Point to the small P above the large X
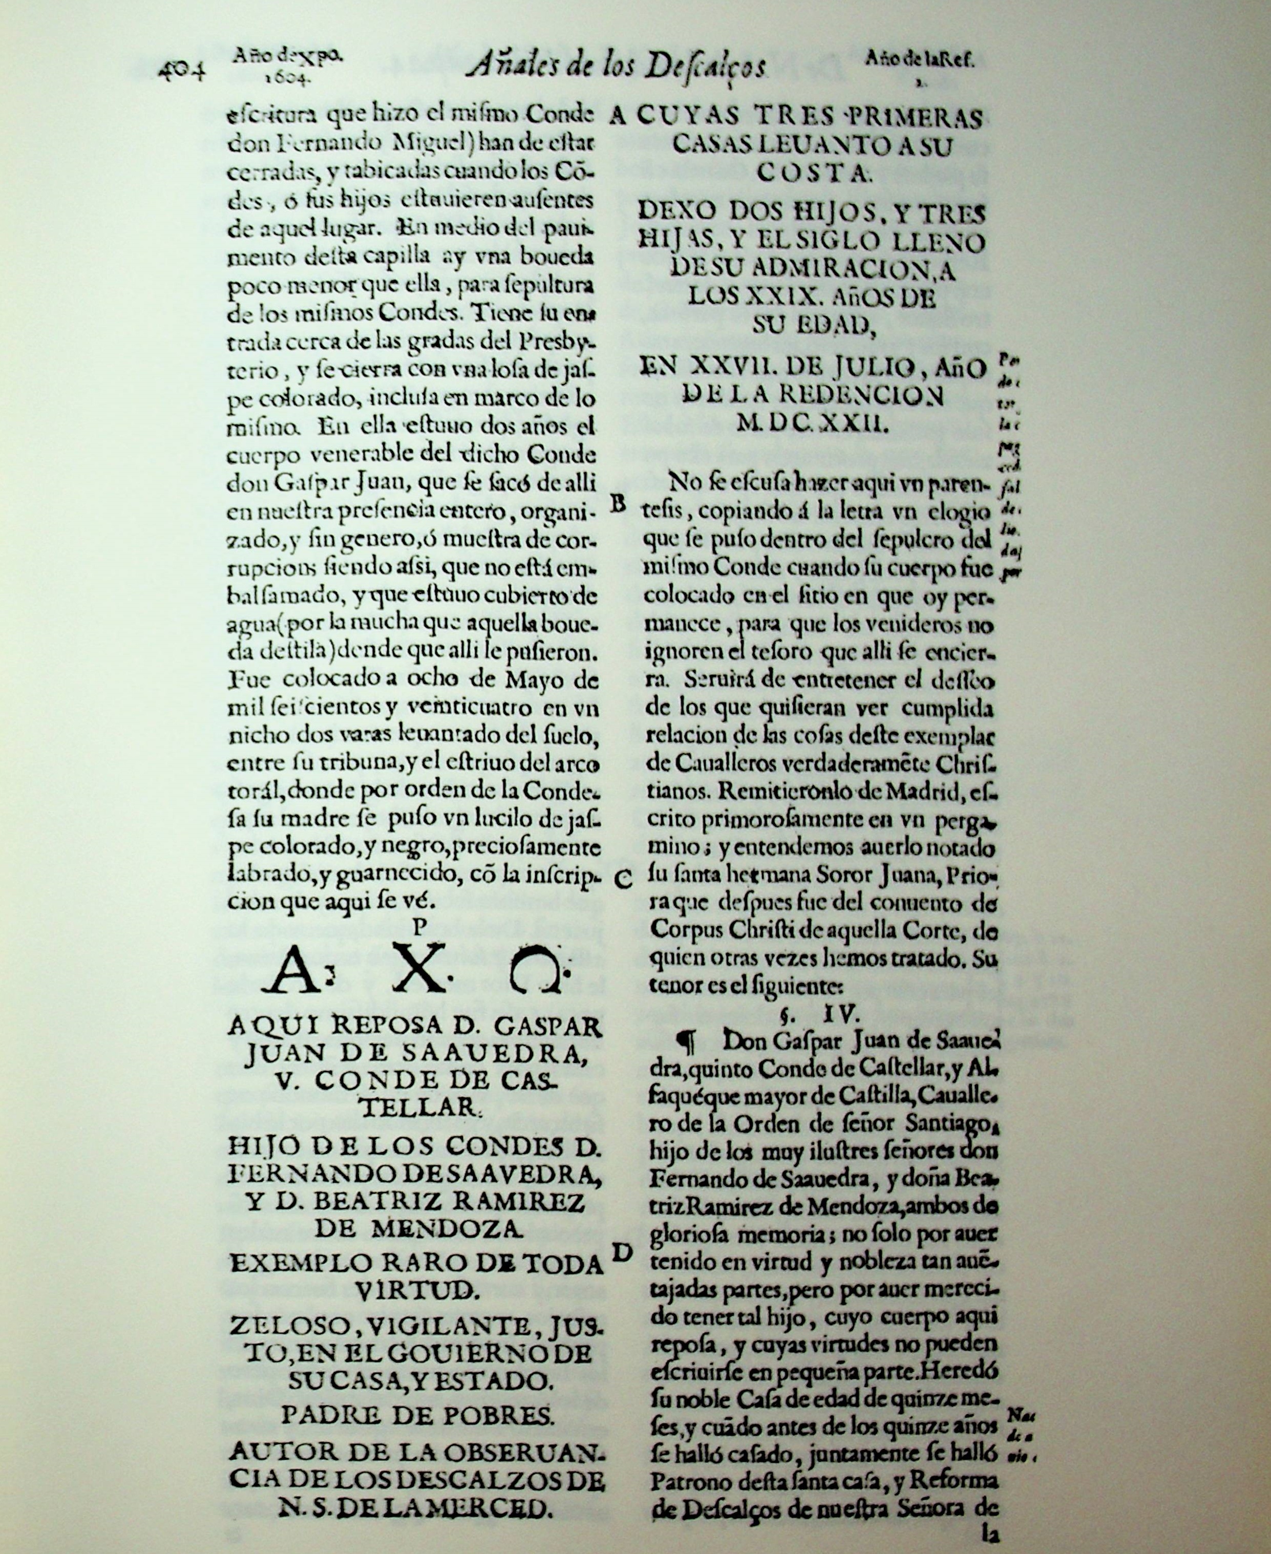(x=419, y=927)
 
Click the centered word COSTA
(x=811, y=173)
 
